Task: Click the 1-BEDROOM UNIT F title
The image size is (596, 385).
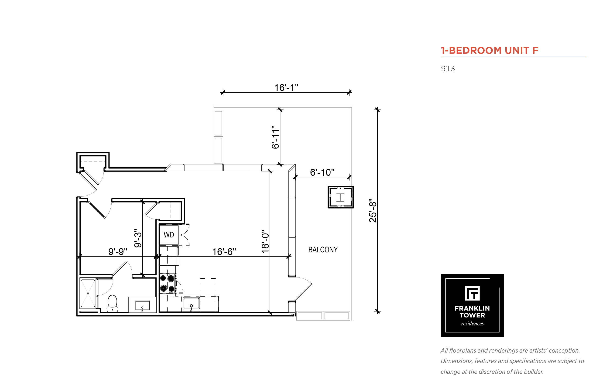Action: pyautogui.click(x=490, y=51)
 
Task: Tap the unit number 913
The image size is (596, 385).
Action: pyautogui.click(x=448, y=68)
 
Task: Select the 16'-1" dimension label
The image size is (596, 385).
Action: pyautogui.click(x=286, y=88)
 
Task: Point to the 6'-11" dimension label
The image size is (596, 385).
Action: pyautogui.click(x=275, y=137)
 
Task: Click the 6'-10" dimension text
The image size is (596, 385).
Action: pyautogui.click(x=322, y=172)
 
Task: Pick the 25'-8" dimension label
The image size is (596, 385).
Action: pyautogui.click(x=373, y=210)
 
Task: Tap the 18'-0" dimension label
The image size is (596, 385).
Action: pyautogui.click(x=265, y=242)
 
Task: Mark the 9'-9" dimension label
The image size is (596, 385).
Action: pyautogui.click(x=118, y=251)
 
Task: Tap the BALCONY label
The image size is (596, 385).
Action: pyautogui.click(x=323, y=250)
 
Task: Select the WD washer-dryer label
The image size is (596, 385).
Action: pyautogui.click(x=169, y=235)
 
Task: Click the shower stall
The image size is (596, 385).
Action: pyautogui.click(x=88, y=293)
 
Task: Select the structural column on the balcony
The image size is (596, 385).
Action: pyautogui.click(x=341, y=197)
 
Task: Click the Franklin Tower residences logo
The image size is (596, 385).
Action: pyautogui.click(x=472, y=305)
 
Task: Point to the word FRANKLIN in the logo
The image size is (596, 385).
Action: pyautogui.click(x=472, y=308)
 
